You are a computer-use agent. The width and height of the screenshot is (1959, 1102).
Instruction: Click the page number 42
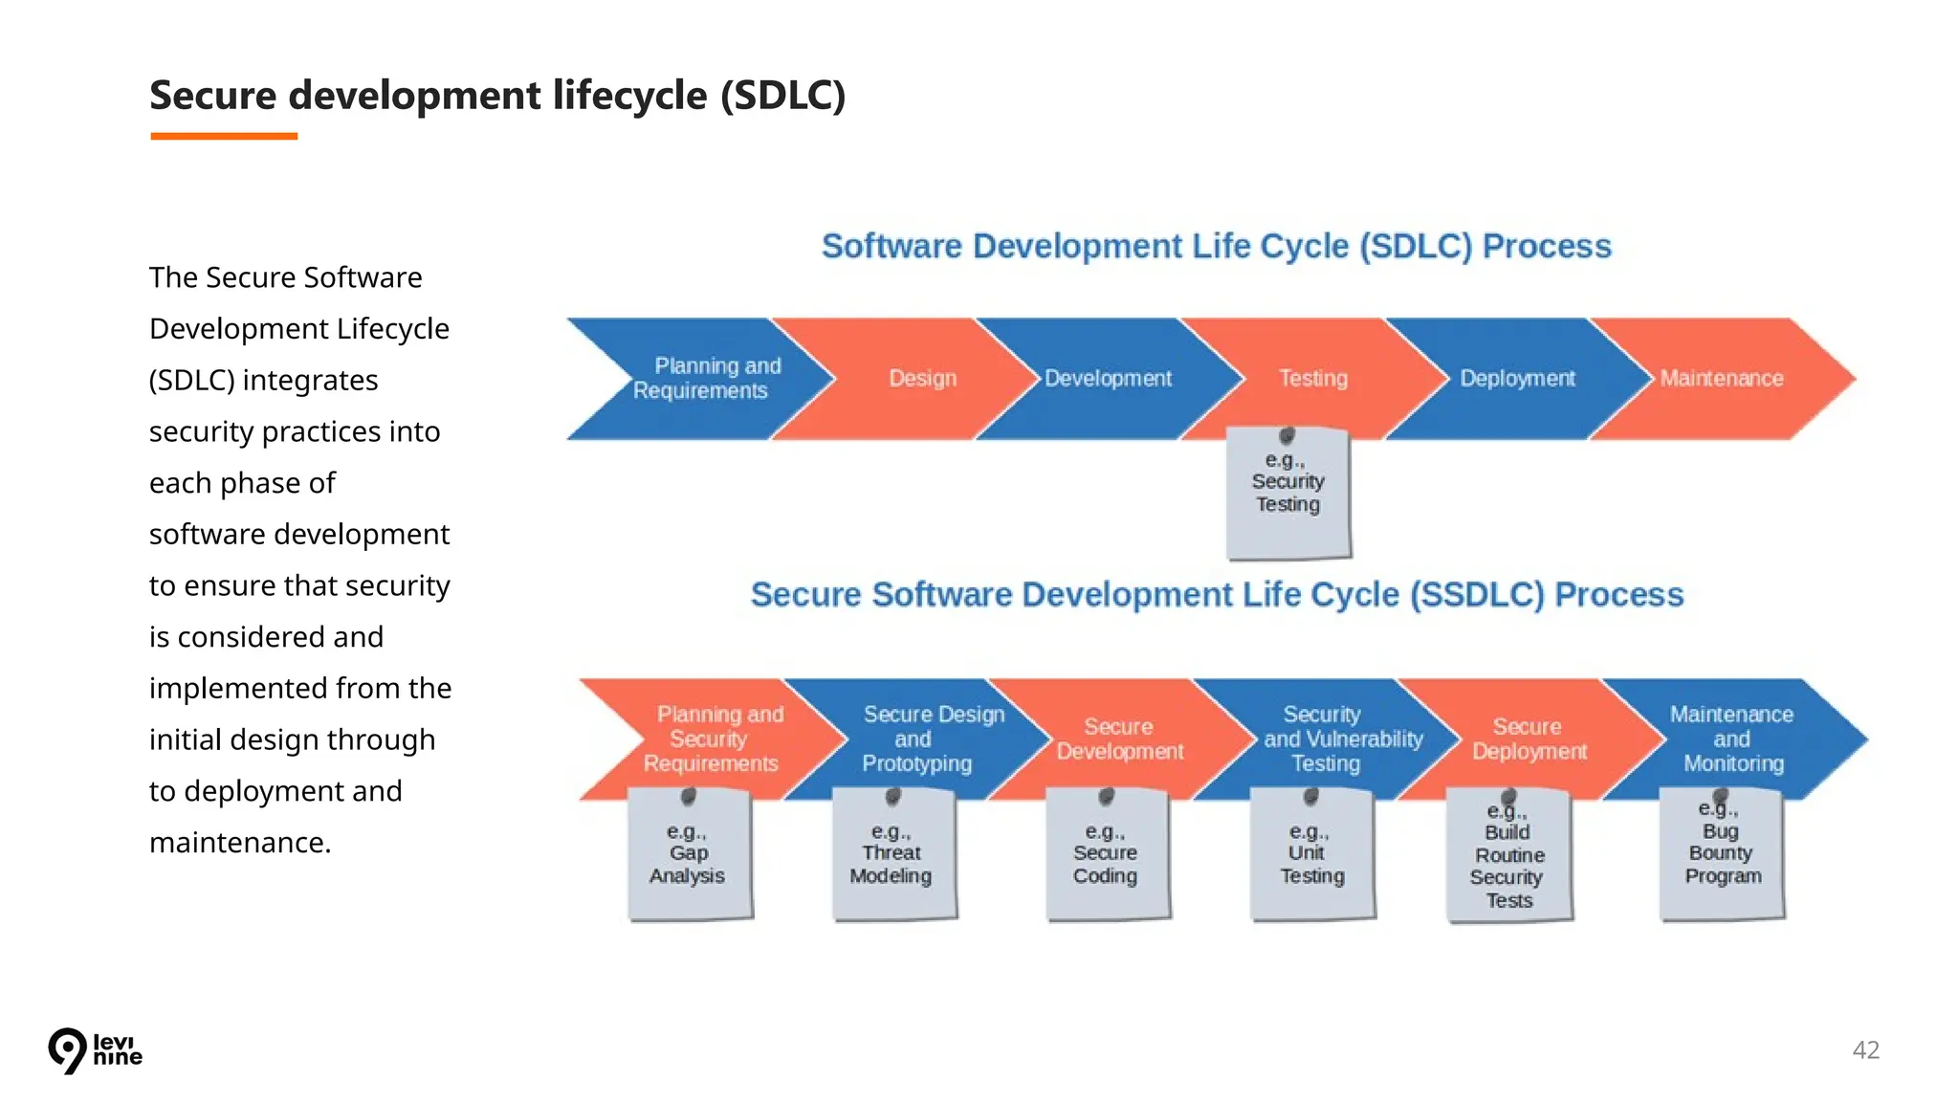[x=1865, y=1049]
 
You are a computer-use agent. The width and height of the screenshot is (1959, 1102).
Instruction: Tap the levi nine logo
[x=95, y=1050]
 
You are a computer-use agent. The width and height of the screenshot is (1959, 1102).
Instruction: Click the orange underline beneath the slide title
[x=224, y=137]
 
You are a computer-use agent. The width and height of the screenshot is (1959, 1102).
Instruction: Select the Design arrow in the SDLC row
[x=922, y=379]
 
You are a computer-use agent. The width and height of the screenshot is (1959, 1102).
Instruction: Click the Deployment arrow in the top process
[x=1516, y=379]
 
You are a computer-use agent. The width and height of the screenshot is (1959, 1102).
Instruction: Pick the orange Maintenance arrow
[x=1722, y=379]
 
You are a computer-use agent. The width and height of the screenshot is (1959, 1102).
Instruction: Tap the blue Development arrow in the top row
[x=1108, y=379]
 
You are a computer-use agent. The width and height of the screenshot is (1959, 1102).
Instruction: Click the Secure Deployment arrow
[x=1529, y=738]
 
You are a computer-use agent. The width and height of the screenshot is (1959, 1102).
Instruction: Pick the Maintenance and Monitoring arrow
[x=1732, y=738]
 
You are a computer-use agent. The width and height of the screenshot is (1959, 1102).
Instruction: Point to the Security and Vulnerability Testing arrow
[x=1325, y=738]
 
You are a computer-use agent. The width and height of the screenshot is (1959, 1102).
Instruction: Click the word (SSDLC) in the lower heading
[x=1477, y=595]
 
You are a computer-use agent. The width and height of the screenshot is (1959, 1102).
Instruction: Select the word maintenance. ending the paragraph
[x=240, y=843]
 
